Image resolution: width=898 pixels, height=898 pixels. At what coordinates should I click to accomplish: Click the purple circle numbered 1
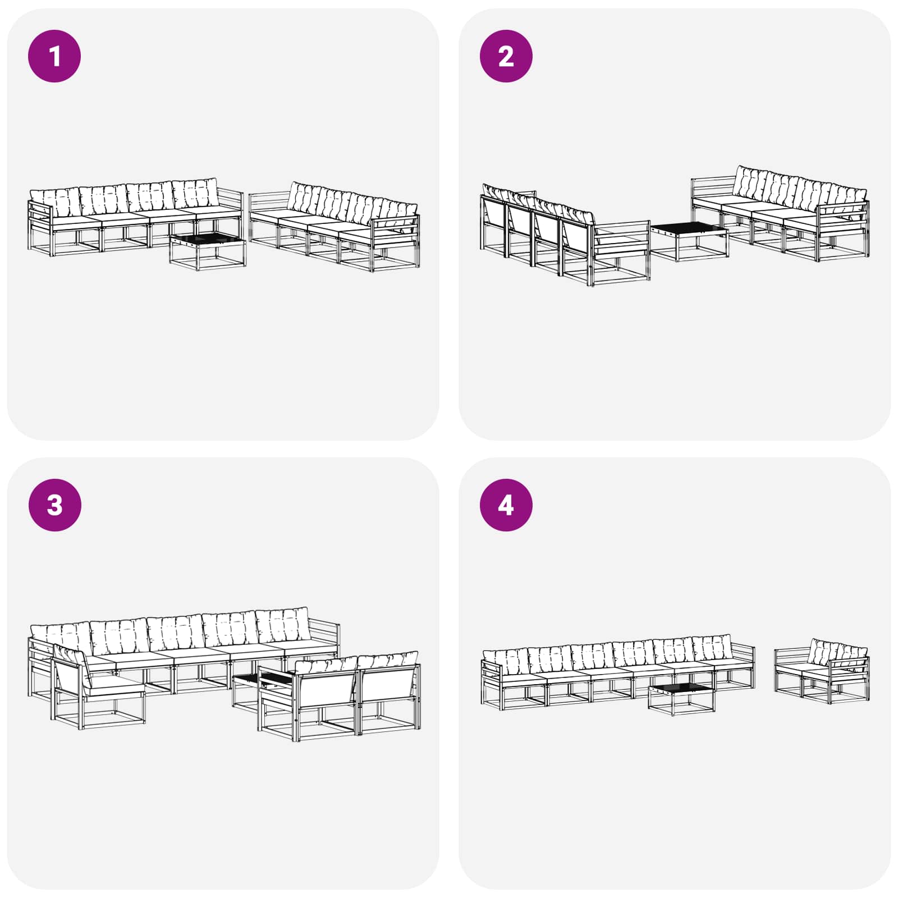pyautogui.click(x=54, y=56)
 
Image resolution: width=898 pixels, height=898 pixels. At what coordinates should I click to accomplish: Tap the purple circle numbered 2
pyautogui.click(x=506, y=56)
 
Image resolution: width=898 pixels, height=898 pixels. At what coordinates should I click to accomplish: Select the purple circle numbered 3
pyautogui.click(x=54, y=505)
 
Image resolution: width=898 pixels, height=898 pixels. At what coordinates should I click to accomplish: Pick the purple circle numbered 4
pyautogui.click(x=506, y=505)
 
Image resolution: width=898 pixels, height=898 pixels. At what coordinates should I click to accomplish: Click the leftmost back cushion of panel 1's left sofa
pyautogui.click(x=55, y=202)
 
